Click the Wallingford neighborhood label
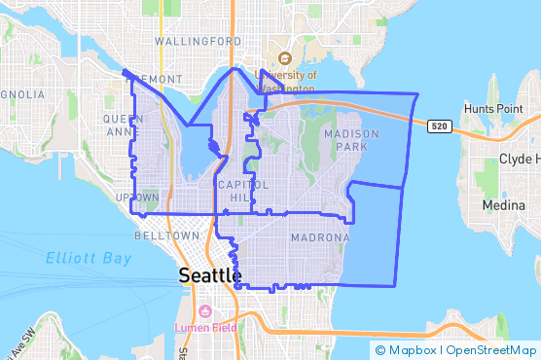[198, 42]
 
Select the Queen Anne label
[123, 126]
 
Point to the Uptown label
[137, 198]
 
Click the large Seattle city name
[210, 275]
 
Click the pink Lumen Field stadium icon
[204, 311]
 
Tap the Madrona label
[320, 237]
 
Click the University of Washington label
[285, 79]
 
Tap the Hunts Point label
[494, 108]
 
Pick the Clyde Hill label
[518, 159]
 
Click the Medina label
[502, 205]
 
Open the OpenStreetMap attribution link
[491, 349]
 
